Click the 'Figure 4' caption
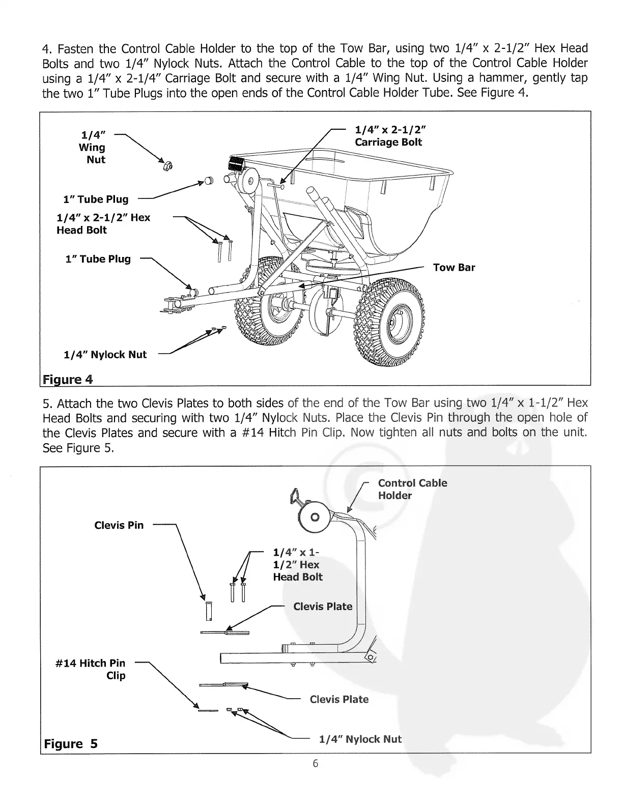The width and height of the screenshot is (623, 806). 68,380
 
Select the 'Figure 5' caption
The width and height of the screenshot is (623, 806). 71,744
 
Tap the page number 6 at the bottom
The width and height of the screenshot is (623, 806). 316,763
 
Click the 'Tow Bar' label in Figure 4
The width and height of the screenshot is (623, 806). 454,268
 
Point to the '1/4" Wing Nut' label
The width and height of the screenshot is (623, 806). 93,148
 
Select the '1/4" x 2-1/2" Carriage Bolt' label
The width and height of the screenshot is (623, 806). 388,136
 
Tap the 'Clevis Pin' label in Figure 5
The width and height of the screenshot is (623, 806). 119,525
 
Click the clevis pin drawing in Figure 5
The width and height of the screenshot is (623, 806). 209,611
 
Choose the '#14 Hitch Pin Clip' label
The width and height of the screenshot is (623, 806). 90,669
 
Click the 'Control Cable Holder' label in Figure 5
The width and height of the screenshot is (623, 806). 412,489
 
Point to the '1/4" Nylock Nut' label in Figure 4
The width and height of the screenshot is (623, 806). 105,355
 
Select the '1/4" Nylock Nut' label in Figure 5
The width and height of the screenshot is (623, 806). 360,739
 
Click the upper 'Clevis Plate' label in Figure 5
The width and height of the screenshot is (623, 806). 323,607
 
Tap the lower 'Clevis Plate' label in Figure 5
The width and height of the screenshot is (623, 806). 339,699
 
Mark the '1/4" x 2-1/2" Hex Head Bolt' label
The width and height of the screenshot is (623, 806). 103,224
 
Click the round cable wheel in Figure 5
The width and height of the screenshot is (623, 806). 315,517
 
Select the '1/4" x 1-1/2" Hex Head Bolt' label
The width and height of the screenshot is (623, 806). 298,564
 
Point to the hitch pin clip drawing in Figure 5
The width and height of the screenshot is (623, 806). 208,710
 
